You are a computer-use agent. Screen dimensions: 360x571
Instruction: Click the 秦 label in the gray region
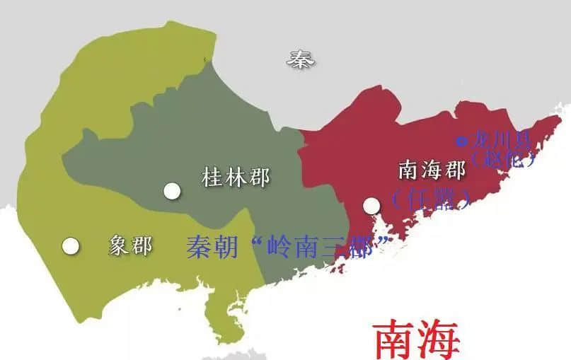click(x=301, y=59)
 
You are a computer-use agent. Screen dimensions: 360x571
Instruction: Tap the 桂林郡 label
click(x=236, y=177)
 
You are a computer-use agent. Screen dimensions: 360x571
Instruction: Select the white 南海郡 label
click(x=432, y=170)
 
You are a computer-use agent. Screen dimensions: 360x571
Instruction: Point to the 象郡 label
click(x=130, y=245)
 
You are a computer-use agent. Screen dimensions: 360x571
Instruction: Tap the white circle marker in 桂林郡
click(x=171, y=190)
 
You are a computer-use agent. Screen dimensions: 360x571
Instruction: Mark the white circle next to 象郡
click(x=69, y=245)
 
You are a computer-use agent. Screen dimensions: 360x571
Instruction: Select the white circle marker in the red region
click(x=371, y=206)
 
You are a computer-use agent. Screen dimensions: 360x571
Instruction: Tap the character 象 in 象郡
click(x=119, y=245)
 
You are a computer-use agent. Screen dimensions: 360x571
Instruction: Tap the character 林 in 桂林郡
click(x=236, y=177)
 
